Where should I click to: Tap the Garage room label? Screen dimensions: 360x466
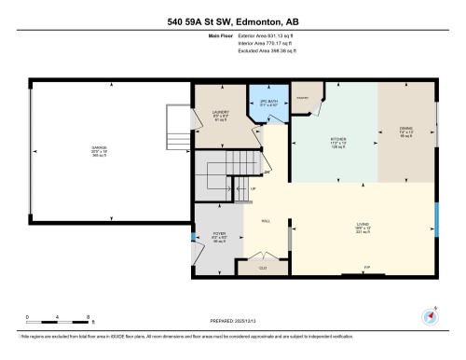[x=99, y=150]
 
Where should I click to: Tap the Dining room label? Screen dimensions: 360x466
[x=405, y=132]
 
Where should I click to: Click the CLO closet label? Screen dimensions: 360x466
[x=263, y=267]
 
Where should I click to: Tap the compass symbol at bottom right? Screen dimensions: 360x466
[x=431, y=315]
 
